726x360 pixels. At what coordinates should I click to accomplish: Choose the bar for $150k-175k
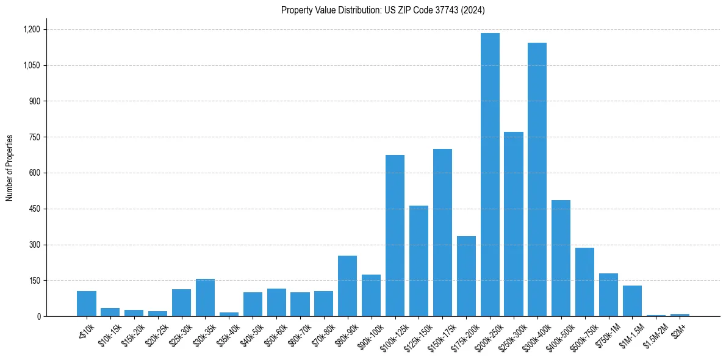[442, 232]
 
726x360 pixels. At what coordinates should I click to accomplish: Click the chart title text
[383, 10]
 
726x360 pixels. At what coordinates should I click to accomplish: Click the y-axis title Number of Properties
[10, 168]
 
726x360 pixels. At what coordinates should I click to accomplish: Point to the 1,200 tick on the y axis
[31, 29]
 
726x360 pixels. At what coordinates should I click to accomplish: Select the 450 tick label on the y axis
[34, 209]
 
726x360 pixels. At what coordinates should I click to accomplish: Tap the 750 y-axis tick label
[34, 137]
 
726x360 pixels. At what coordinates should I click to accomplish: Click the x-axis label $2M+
[678, 329]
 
